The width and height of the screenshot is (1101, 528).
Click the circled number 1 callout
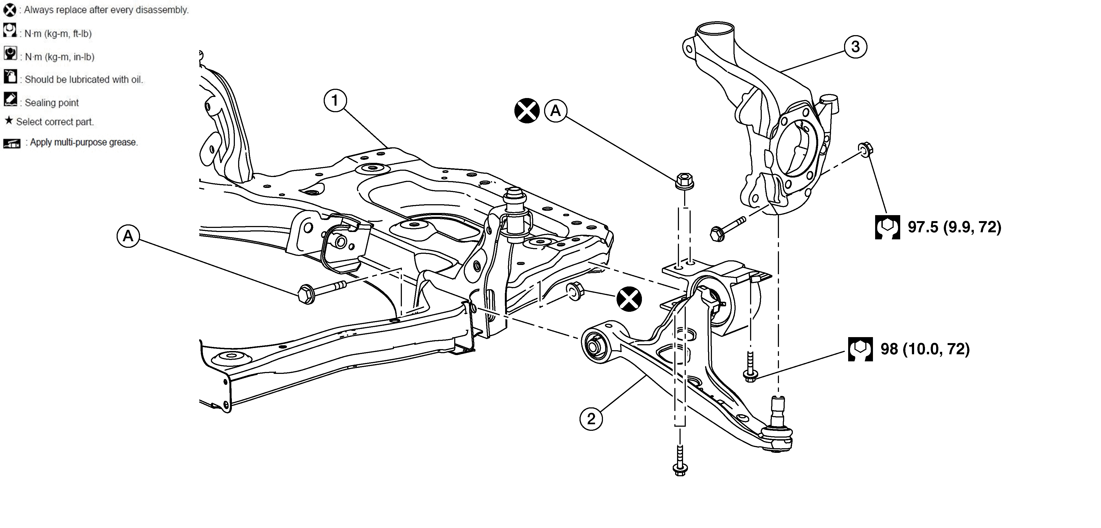(335, 100)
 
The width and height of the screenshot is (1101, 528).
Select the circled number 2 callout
(591, 419)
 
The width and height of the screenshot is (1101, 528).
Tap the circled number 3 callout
(855, 47)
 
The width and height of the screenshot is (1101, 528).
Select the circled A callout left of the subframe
(128, 236)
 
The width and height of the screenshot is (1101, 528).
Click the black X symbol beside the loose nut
(629, 299)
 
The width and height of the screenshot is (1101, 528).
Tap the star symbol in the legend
(8, 121)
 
